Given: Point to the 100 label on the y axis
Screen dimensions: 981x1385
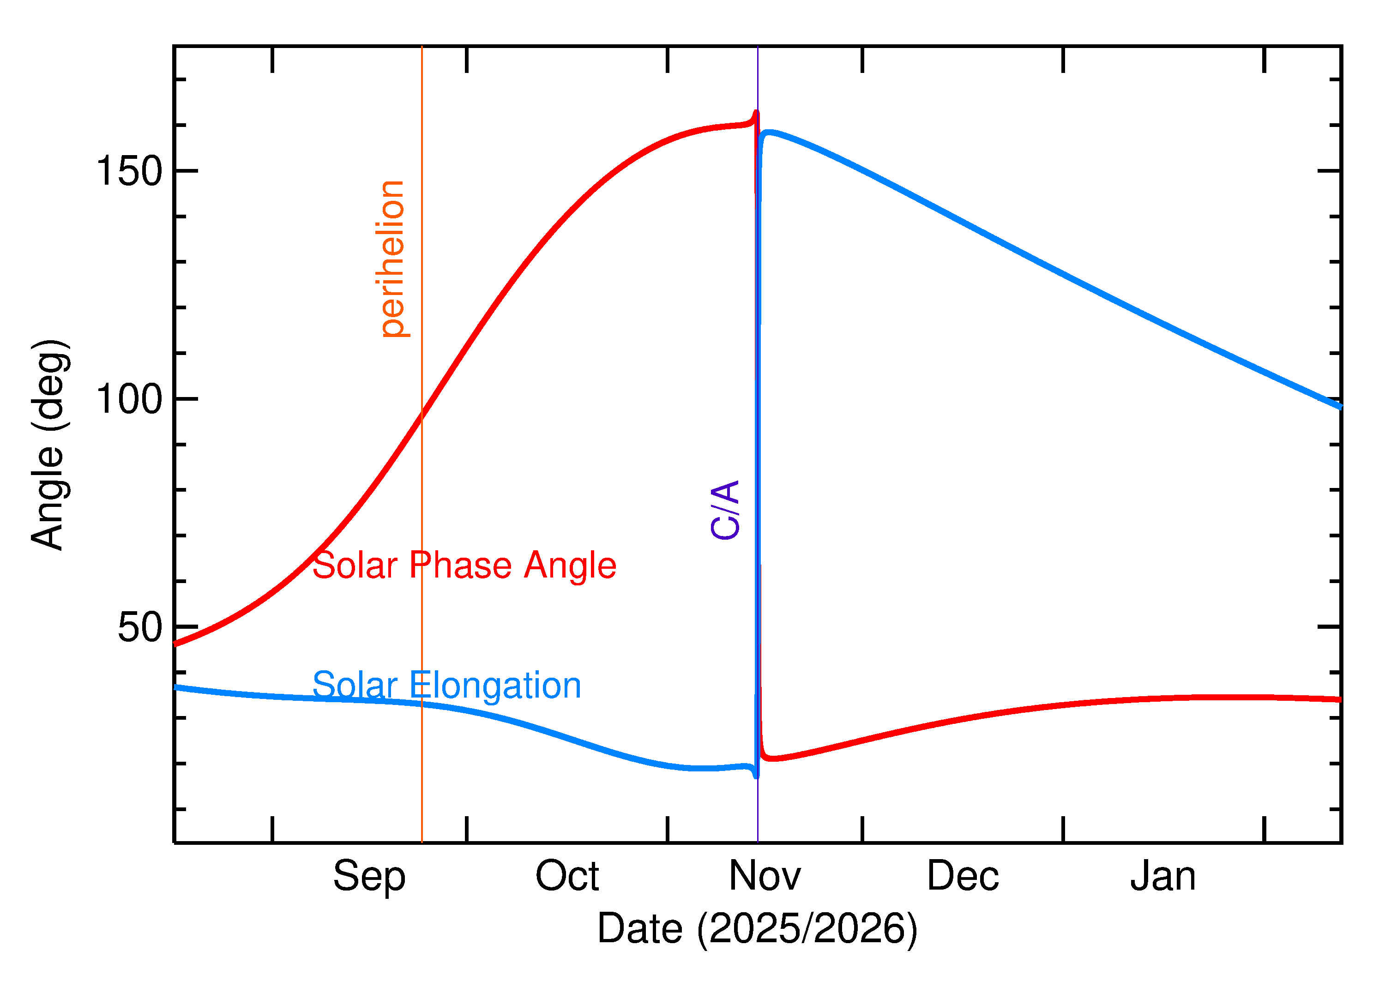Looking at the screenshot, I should point(129,399).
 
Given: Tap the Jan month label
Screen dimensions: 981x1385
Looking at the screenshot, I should point(1163,876).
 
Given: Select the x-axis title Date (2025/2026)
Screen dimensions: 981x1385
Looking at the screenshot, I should point(757,928).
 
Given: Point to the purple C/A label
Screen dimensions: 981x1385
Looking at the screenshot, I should point(725,510).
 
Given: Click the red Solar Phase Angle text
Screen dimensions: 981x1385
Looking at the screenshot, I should point(464,566).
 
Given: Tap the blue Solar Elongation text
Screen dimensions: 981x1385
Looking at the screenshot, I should point(446,686).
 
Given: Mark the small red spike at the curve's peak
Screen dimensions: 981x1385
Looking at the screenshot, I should point(756,114).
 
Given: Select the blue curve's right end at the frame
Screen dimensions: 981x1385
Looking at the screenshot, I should point(1339,407).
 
